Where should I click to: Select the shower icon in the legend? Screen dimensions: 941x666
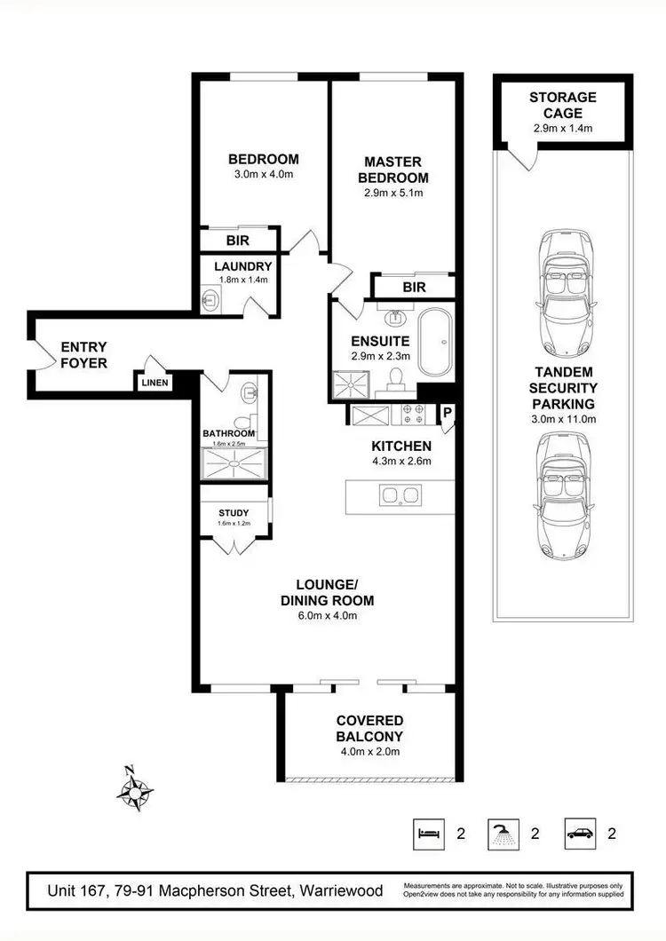tap(503, 834)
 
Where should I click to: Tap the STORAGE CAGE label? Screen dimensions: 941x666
tap(562, 106)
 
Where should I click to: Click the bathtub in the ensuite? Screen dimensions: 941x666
tap(436, 343)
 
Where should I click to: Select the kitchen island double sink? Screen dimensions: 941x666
tap(399, 495)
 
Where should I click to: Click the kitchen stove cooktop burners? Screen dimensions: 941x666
tap(412, 415)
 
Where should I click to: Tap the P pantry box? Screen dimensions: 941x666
tap(447, 413)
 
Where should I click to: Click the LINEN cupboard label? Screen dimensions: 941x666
tap(153, 383)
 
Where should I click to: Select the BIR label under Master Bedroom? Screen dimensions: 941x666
tap(414, 288)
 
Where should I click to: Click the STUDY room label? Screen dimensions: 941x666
tap(234, 513)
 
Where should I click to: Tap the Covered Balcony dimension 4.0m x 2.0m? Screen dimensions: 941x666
tap(369, 752)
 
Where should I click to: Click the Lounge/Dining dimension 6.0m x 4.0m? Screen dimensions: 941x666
tap(327, 616)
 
